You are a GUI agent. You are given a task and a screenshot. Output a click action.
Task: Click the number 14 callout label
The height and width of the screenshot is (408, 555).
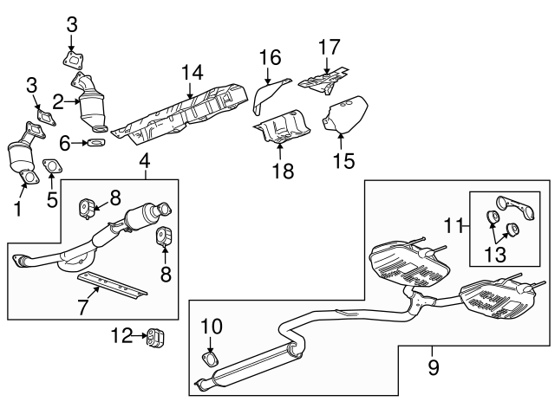192,73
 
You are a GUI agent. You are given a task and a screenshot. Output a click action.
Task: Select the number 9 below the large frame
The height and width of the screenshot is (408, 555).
432,367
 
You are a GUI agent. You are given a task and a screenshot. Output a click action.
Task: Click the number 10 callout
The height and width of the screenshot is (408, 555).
212,327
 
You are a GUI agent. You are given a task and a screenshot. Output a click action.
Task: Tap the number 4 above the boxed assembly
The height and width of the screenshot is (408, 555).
145,160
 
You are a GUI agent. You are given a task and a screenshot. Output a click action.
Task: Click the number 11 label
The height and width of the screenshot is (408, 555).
451,227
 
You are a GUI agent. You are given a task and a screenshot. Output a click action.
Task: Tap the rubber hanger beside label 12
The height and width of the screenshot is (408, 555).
156,336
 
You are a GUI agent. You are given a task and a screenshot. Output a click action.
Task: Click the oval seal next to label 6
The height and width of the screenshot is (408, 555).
98,143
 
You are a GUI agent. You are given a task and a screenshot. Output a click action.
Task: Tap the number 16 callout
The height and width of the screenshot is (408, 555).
270,58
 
